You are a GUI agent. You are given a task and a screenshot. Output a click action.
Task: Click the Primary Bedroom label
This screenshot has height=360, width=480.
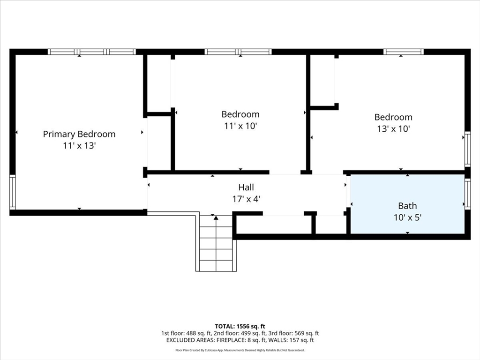click(x=79, y=134)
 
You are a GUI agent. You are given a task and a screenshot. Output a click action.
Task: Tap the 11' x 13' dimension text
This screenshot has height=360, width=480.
click(x=79, y=146)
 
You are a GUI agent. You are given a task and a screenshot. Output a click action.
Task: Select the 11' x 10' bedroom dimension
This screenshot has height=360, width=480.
click(x=240, y=126)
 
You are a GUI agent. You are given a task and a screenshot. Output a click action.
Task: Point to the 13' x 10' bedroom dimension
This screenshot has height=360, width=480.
click(x=393, y=129)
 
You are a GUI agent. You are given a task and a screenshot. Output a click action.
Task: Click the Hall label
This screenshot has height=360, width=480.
click(x=246, y=187)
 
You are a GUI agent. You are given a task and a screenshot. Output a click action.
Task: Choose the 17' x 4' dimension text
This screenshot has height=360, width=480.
click(x=246, y=199)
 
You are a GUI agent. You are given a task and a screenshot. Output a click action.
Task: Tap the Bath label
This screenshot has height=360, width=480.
click(x=407, y=206)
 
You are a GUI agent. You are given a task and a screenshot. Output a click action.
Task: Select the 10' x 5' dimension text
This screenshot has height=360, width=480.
click(x=407, y=217)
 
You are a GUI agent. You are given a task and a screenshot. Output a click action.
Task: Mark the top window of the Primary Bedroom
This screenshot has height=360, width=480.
click(x=92, y=52)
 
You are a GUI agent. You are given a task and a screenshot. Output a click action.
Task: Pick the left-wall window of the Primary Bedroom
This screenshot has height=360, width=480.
click(x=12, y=192)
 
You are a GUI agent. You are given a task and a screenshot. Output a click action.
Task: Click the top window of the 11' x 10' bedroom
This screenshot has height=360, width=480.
click(x=238, y=52)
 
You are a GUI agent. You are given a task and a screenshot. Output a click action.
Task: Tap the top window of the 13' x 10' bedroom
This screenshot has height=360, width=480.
click(x=403, y=52)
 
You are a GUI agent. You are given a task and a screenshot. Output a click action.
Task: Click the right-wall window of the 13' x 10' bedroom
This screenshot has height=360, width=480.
click(x=467, y=150)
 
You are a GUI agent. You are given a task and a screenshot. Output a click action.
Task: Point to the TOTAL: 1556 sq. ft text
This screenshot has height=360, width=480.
click(x=240, y=326)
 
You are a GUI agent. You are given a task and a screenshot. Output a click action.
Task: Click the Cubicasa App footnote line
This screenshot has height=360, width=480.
click(x=240, y=350)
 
